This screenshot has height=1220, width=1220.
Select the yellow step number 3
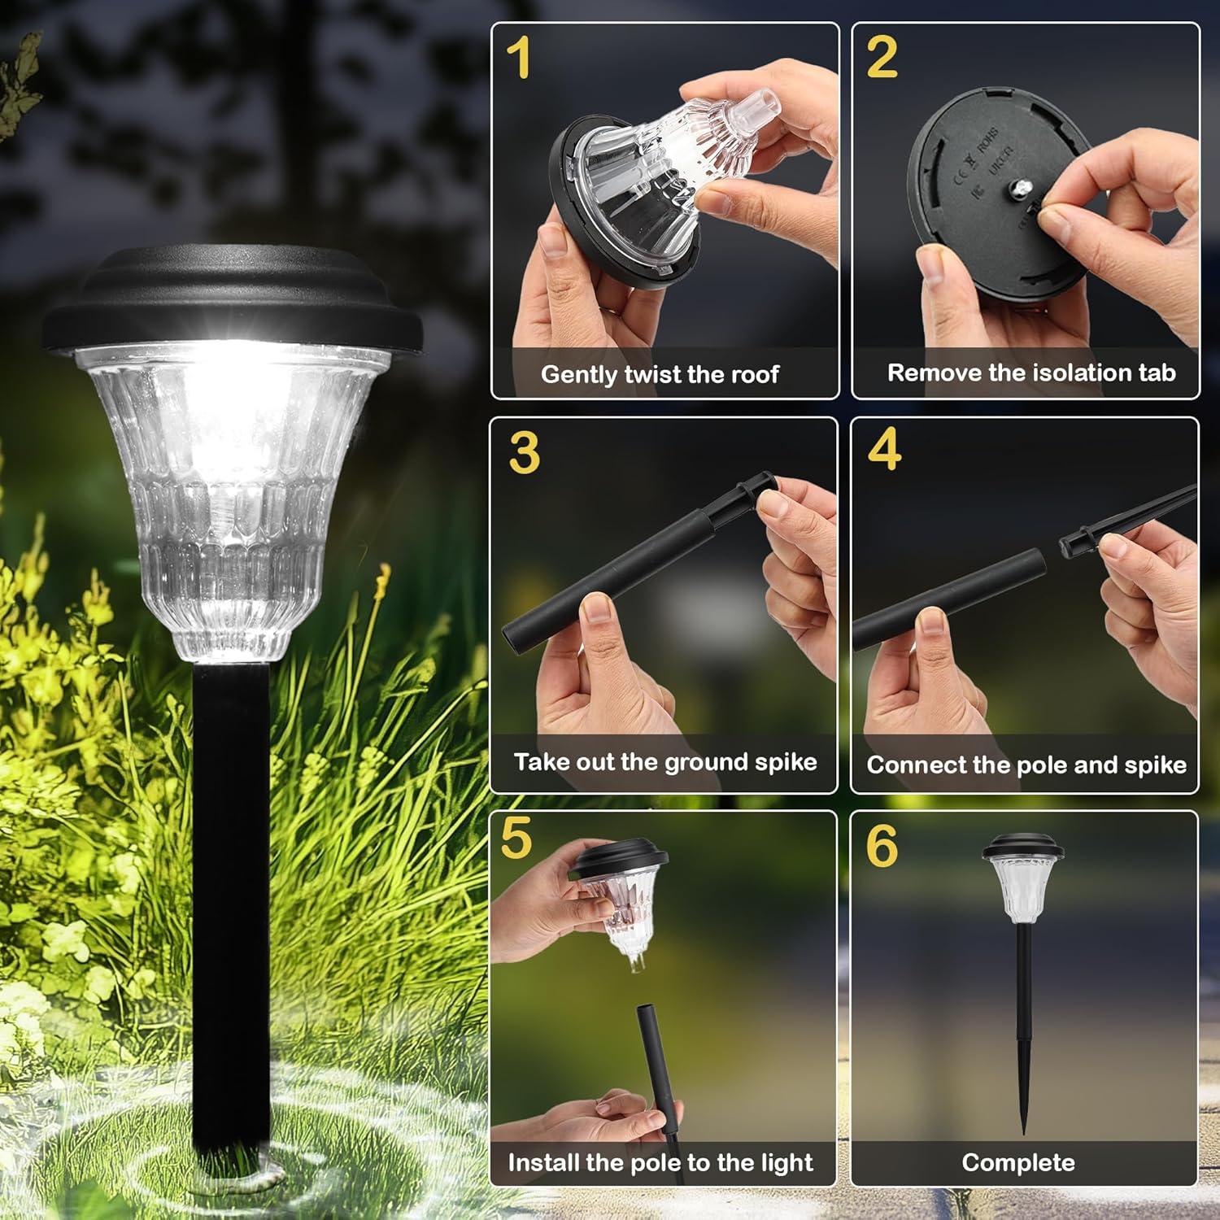point(525,452)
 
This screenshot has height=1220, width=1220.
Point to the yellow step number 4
point(884,449)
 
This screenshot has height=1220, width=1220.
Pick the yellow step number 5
point(516,839)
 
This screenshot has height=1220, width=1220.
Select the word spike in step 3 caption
point(786,762)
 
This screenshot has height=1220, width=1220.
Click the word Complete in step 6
point(1018,1163)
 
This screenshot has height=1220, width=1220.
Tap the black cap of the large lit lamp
point(232,301)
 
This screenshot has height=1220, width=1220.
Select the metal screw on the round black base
point(1017,189)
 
